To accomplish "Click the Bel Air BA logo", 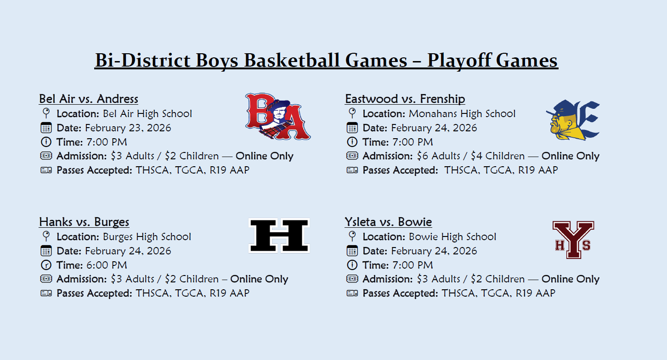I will tap(277, 117).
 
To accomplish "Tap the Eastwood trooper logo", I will tap(573, 120).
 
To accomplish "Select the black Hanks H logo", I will tap(279, 236).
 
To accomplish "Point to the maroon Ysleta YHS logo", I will tap(573, 239).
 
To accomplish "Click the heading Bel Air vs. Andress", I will tap(89, 99).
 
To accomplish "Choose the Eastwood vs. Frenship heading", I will tap(405, 99).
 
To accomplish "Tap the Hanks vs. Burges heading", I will tap(84, 222).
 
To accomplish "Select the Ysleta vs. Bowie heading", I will tap(388, 222).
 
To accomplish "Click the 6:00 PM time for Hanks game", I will tap(106, 265).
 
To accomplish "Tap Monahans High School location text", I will tap(462, 113).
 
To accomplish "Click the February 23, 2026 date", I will tap(128, 128).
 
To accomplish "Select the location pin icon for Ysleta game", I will tap(352, 236).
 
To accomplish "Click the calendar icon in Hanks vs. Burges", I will tap(46, 251).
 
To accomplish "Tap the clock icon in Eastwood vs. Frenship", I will tap(352, 142).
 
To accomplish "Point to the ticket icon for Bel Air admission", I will tap(46, 156).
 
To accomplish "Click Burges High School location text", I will tap(147, 236).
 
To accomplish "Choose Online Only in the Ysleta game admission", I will tap(570, 279).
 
